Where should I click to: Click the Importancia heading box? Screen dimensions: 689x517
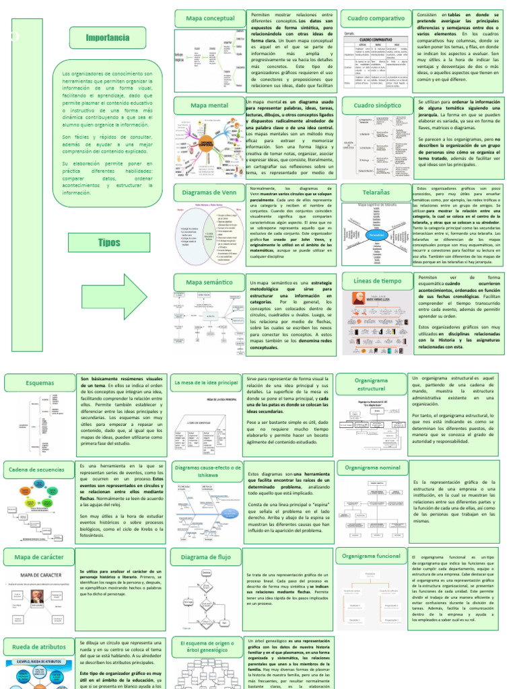pos(108,38)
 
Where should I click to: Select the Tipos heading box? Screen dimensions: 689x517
pos(108,242)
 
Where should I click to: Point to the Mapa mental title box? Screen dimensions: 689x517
pos(209,106)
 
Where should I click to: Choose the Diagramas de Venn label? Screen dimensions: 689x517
pos(209,192)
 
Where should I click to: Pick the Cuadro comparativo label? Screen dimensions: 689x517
pos(376,17)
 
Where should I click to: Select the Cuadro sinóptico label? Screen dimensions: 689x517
pos(376,105)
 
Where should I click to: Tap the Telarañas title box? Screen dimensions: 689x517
pos(376,192)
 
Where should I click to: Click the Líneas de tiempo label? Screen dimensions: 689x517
pos(377,280)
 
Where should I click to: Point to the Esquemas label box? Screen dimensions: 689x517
pos(39,383)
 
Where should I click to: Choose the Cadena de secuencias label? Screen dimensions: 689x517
pos(39,468)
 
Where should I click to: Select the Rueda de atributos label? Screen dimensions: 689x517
pos(39,647)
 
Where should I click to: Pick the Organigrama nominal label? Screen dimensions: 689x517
pos(372,467)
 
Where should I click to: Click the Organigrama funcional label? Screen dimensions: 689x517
pos(371,556)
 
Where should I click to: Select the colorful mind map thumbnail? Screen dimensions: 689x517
pos(206,145)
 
